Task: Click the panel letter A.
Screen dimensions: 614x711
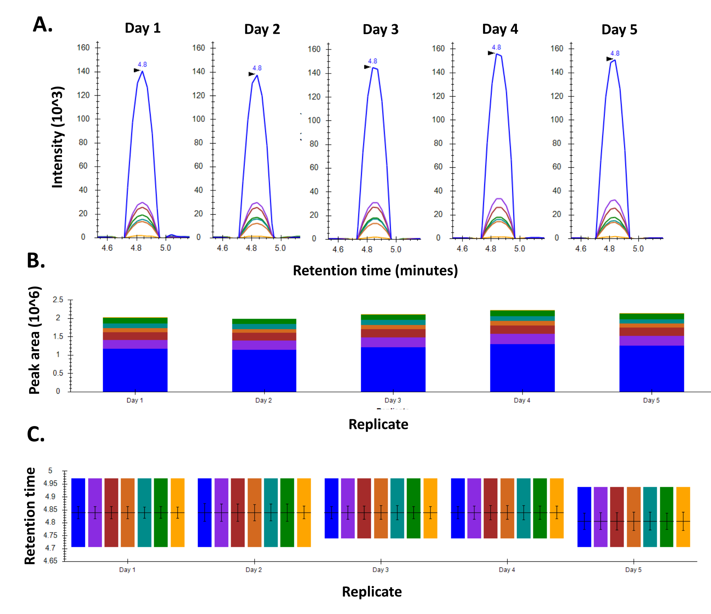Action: click(x=42, y=25)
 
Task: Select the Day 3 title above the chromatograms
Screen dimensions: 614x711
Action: click(x=380, y=29)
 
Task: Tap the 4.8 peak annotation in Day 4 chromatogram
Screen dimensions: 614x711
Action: click(x=496, y=47)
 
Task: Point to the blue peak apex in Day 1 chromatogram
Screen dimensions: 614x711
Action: click(x=142, y=71)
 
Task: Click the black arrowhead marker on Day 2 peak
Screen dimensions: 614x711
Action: click(x=251, y=74)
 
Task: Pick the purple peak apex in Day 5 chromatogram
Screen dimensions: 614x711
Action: click(x=614, y=200)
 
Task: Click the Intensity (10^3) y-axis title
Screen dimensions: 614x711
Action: click(x=57, y=137)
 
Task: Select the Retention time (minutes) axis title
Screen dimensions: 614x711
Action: click(x=375, y=271)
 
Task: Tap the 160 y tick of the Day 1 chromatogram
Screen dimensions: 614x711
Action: click(x=83, y=48)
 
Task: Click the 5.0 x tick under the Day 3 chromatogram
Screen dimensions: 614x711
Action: click(x=396, y=249)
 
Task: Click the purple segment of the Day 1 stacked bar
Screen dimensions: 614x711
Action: click(x=135, y=344)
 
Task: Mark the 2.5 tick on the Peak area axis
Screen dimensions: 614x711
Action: click(x=58, y=300)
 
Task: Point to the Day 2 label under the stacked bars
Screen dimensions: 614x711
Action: click(x=263, y=400)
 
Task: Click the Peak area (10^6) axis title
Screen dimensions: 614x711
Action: click(x=34, y=340)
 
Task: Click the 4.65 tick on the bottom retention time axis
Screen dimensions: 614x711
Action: click(x=50, y=561)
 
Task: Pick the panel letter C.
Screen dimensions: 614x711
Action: click(x=36, y=435)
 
